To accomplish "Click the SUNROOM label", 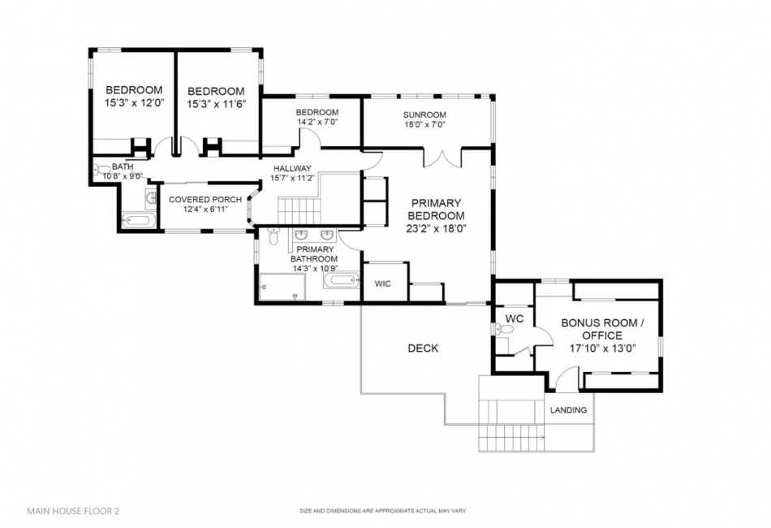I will tap(425, 115).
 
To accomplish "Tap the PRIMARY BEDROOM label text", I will tap(436, 210).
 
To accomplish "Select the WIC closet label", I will tap(383, 283).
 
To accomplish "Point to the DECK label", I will tap(423, 348).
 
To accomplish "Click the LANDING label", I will tap(568, 410).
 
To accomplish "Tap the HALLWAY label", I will tap(292, 168).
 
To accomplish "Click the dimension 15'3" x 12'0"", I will tap(134, 104).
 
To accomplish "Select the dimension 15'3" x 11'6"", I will tap(216, 104).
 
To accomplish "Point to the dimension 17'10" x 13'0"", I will tap(602, 348).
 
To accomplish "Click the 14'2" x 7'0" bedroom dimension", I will tap(317, 122).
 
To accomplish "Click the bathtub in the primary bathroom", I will tap(341, 282).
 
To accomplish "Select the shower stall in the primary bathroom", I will tap(281, 287).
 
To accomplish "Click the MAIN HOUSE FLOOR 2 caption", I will tap(74, 512).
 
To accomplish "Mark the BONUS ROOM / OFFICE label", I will tap(602, 329).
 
